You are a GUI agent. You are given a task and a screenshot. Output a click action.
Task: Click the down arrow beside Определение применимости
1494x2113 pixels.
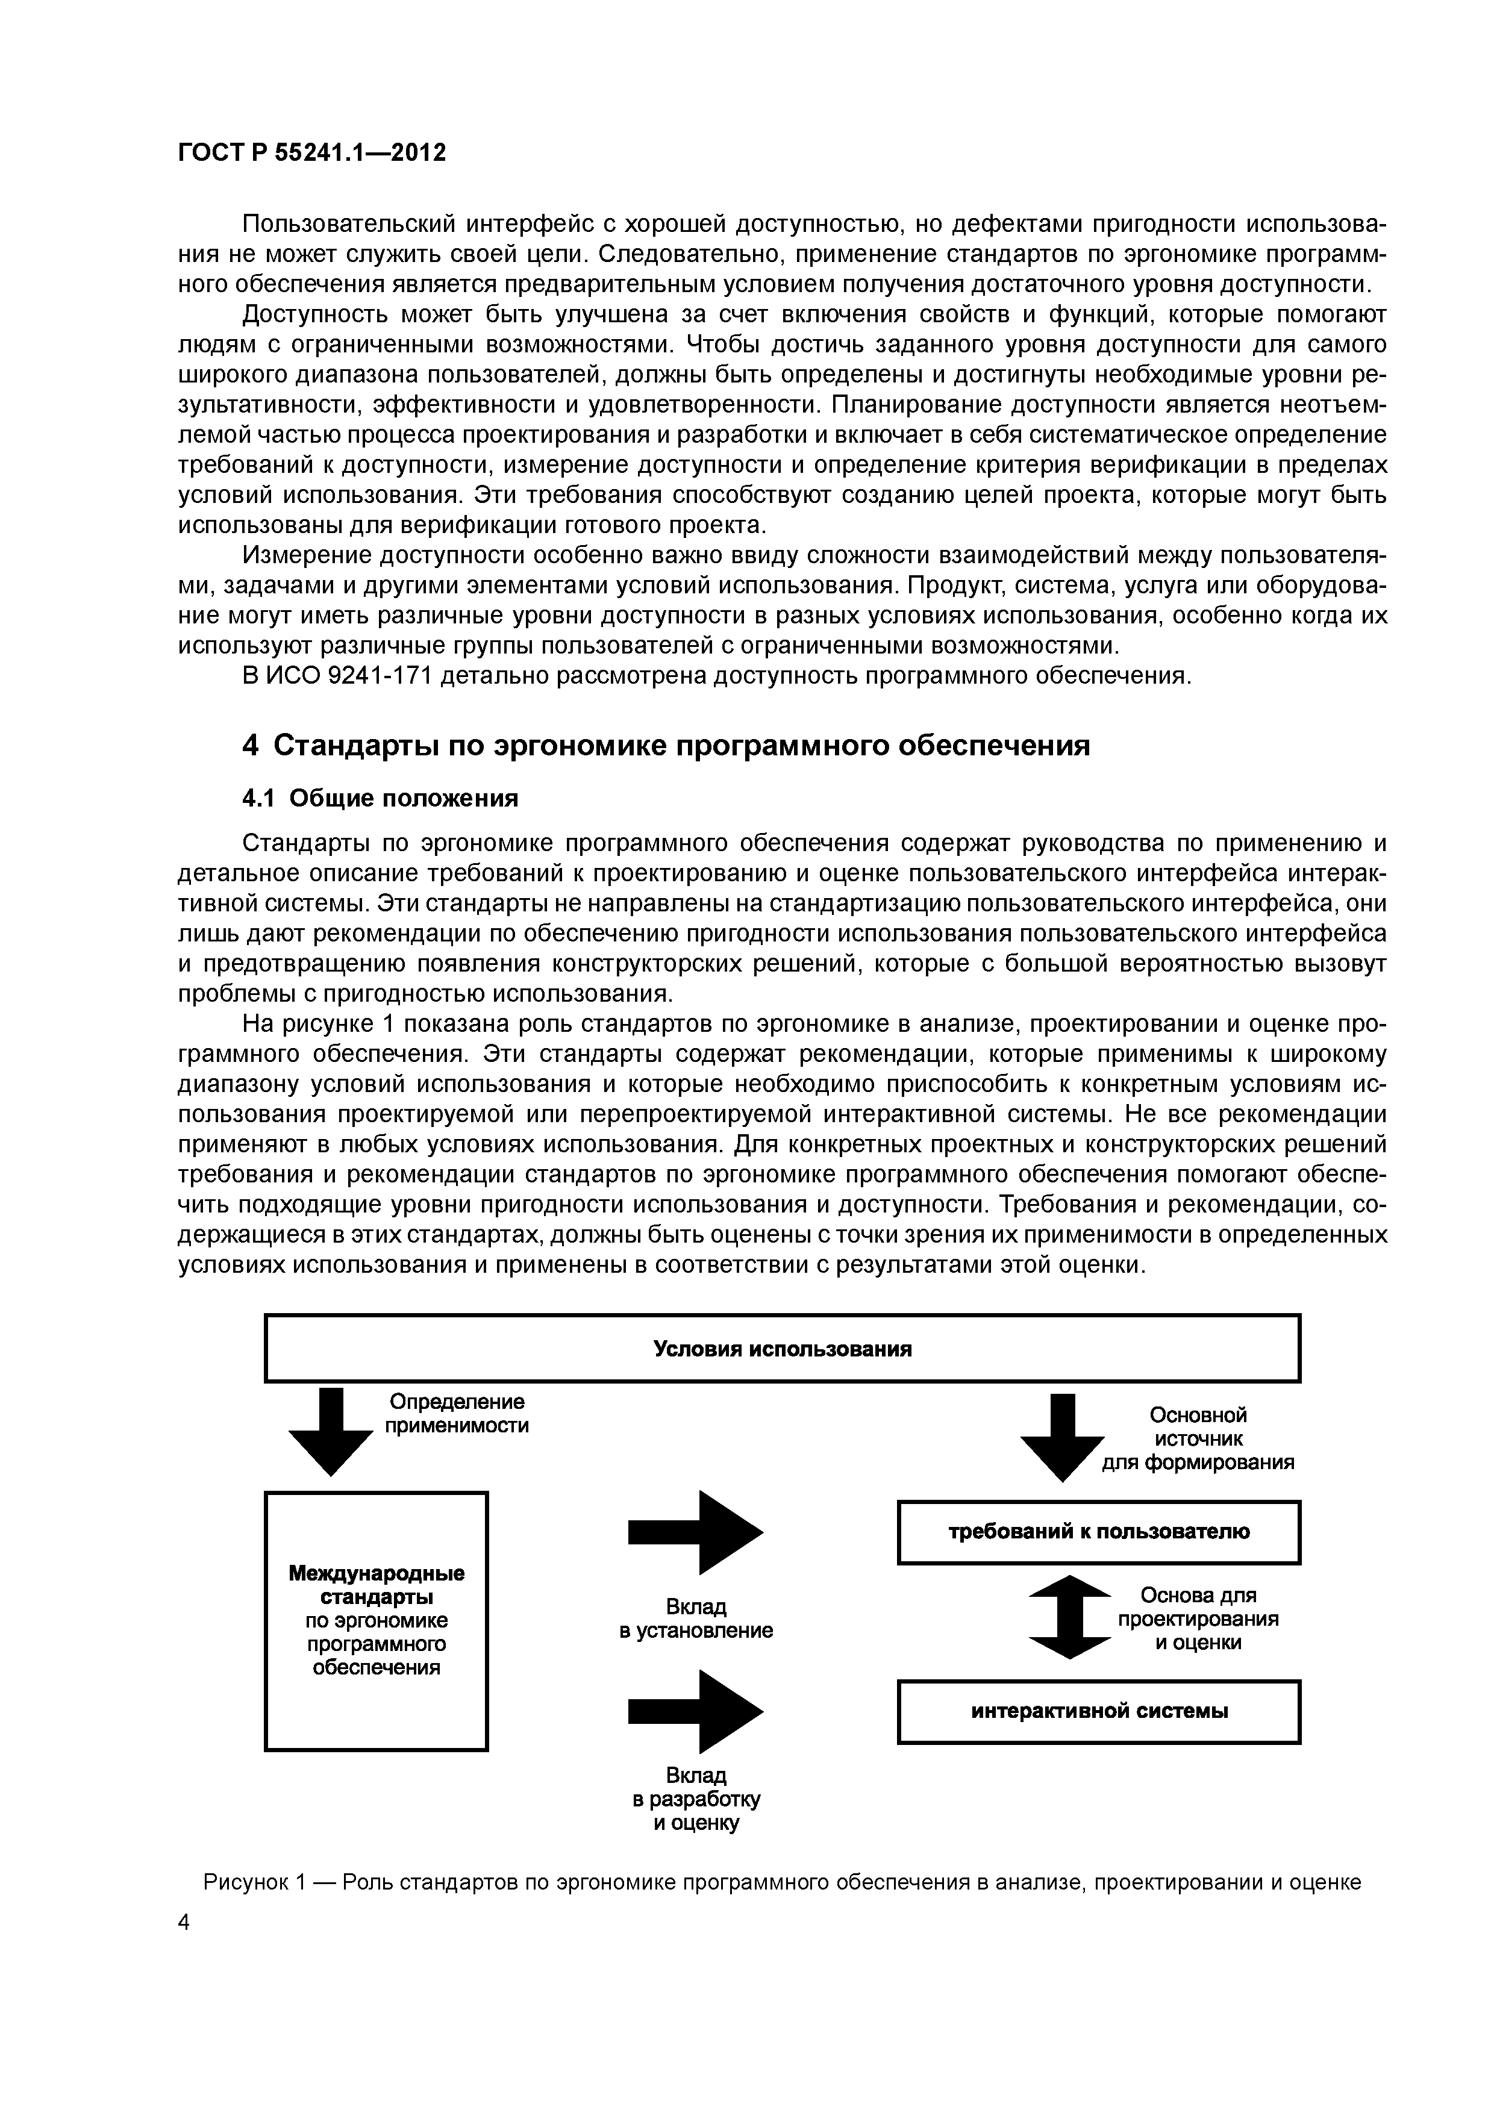[331, 1432]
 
